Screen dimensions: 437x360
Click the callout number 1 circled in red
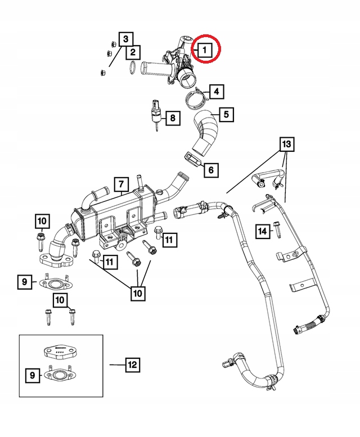[x=204, y=49]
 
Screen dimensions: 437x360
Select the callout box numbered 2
[x=132, y=53]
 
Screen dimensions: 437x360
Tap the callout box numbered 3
[x=126, y=39]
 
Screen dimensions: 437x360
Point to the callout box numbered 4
[x=217, y=91]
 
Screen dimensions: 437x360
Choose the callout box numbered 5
[x=226, y=115]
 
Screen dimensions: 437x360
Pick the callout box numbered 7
[x=120, y=184]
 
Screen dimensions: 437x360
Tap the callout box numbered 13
[x=287, y=145]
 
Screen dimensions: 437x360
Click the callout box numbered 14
[x=262, y=231]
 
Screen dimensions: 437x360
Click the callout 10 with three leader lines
[x=138, y=293]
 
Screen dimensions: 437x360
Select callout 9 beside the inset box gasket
[x=33, y=375]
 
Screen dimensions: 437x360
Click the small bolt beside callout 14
[x=277, y=228]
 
